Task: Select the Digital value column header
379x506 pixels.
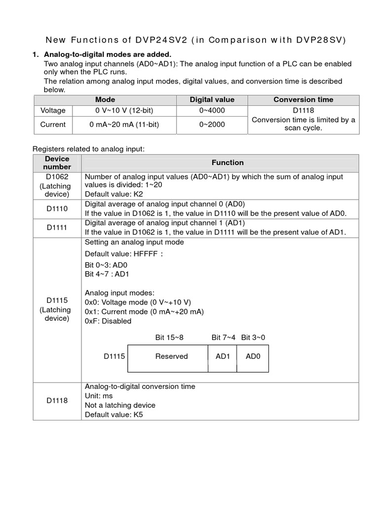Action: pyautogui.click(x=212, y=100)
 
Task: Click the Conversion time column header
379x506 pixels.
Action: pyautogui.click(x=303, y=100)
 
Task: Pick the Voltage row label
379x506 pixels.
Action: pyautogui.click(x=53, y=111)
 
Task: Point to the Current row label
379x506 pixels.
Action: pyautogui.click(x=53, y=125)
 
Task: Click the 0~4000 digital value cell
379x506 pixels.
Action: pyautogui.click(x=212, y=111)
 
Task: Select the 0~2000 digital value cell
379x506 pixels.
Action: pyautogui.click(x=212, y=125)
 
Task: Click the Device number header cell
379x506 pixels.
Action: pyautogui.click(x=57, y=163)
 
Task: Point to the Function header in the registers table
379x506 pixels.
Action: pyautogui.click(x=227, y=163)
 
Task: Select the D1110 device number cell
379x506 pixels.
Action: pyautogui.click(x=57, y=209)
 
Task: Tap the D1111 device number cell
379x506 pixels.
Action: pyautogui.click(x=57, y=228)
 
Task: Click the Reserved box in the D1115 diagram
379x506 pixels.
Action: pyautogui.click(x=171, y=356)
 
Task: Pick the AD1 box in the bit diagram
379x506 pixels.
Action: pyautogui.click(x=223, y=356)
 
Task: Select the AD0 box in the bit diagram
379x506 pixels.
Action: pyautogui.click(x=253, y=356)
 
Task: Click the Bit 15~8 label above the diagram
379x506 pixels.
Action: pyautogui.click(x=169, y=337)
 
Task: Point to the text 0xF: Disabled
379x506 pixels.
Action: pyautogui.click(x=108, y=321)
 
